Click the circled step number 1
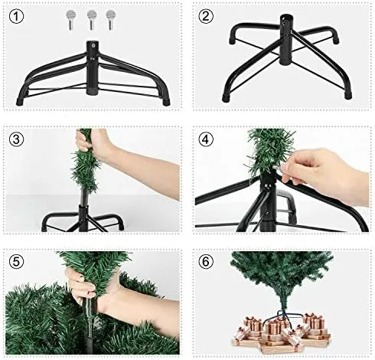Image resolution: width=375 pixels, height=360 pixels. pos(16,16)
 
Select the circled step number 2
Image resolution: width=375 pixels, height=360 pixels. pos(206,16)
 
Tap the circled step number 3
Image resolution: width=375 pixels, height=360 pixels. pos(16,139)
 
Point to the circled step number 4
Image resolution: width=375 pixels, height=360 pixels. pos(206,139)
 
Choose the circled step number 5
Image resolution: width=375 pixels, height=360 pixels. pos(16,262)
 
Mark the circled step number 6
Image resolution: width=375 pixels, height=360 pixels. pos(206,262)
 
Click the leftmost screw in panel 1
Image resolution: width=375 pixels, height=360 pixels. pos(71,20)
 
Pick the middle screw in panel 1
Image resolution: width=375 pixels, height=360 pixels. pos(91,20)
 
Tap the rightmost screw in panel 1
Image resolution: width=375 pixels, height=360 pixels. pos(110,20)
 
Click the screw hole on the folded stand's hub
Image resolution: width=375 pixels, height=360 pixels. pos(93,46)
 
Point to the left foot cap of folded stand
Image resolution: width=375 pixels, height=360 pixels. pos(20,102)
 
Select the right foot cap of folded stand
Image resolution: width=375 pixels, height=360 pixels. pos(167,102)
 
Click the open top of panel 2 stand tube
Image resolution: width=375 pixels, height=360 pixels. pos(285,18)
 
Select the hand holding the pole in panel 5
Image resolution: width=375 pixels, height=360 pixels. pos(84,285)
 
